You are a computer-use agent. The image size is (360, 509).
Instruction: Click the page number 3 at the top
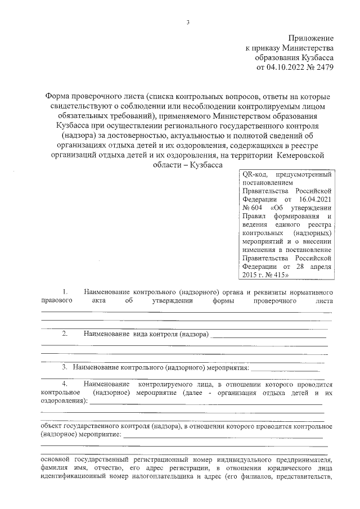pyautogui.click(x=188, y=22)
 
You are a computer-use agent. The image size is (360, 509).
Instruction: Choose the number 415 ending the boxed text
pyautogui.click(x=278, y=275)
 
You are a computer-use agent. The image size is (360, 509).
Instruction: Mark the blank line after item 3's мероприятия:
pyautogui.click(x=287, y=370)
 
